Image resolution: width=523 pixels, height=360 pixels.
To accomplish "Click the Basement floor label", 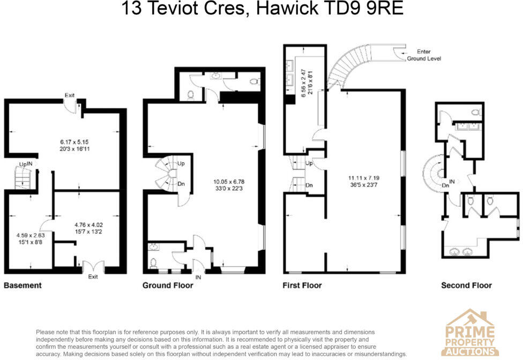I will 23,286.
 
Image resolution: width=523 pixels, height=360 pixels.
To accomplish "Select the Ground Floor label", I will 168,286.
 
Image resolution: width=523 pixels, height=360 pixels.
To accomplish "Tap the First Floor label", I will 302,286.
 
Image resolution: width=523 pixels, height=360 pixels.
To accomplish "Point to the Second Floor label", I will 466,286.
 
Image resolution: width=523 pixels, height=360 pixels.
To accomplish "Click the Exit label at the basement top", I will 70,95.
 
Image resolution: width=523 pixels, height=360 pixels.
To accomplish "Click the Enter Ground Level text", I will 424,55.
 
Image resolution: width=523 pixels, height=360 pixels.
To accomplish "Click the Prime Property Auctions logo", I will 470,333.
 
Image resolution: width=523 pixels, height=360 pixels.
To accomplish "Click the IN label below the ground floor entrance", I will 198,277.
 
